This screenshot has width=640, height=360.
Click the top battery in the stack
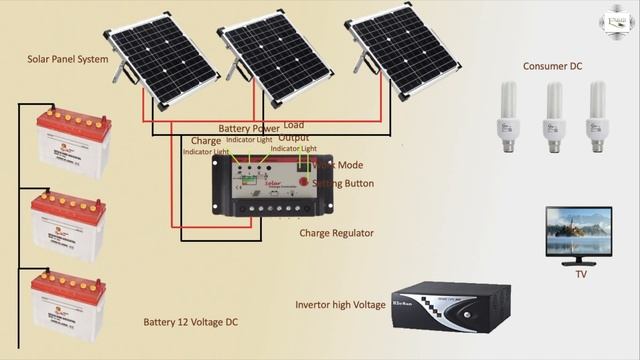(73, 141)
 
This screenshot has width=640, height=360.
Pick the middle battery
(69, 224)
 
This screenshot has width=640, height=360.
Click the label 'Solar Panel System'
(67, 60)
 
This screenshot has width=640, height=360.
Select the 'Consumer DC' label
(552, 66)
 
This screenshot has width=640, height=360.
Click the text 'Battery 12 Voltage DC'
(190, 322)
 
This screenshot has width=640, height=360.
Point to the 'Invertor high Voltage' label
(340, 304)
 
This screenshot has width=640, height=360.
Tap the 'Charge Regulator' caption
(336, 233)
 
